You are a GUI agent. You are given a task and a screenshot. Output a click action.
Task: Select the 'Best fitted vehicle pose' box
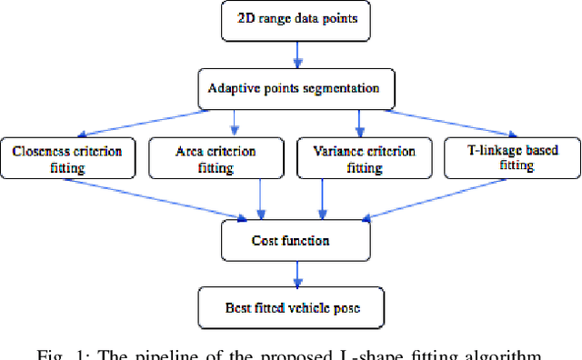tap(293, 307)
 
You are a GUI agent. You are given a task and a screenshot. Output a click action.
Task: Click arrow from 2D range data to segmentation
tap(295, 55)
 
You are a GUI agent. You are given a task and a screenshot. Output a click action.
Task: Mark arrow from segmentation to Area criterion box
tap(236, 120)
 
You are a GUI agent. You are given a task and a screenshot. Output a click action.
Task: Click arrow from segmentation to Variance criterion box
tap(360, 120)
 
